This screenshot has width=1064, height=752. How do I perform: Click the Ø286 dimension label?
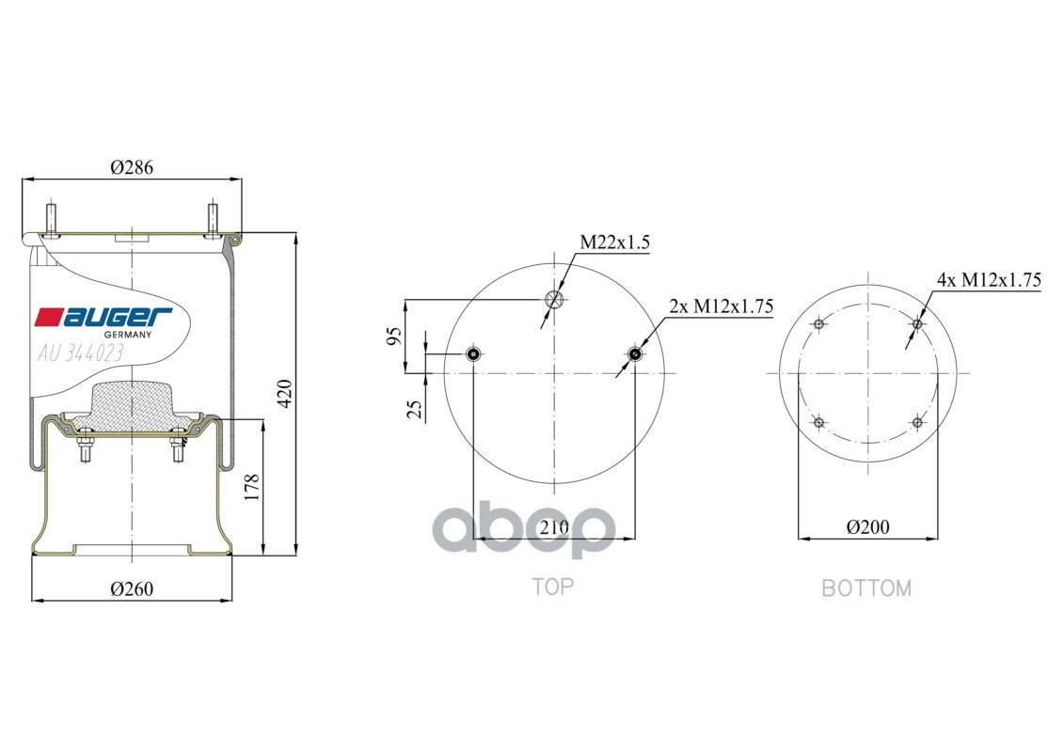coord(132,166)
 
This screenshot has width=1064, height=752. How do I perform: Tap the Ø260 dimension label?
coord(132,589)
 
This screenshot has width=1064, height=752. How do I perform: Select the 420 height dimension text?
coord(285,394)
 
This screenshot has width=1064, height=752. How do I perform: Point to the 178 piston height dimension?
coord(252,488)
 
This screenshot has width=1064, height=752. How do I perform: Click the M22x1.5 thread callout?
coord(614,243)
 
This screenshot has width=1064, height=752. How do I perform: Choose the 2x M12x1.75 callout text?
coord(722,306)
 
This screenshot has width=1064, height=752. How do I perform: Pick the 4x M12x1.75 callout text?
coord(989,279)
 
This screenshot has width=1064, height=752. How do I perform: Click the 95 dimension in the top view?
coord(394,337)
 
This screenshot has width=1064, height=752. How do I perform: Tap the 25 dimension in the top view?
coord(414,408)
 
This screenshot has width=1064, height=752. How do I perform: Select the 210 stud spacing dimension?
coord(554,527)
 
